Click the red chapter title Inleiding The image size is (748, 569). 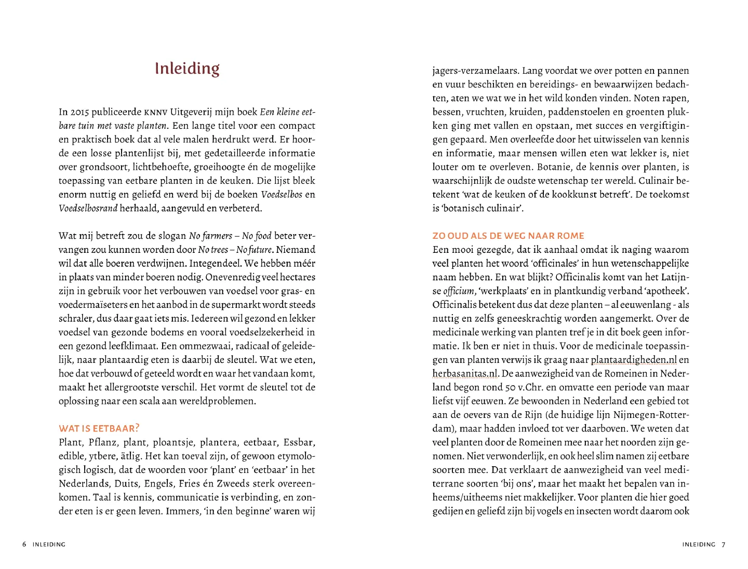click(187, 69)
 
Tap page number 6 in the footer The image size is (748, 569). click(24, 545)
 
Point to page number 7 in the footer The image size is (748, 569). click(724, 545)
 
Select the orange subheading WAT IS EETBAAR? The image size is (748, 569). click(99, 429)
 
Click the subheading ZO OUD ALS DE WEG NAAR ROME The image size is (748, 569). click(508, 236)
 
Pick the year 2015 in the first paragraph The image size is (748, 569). click(81, 112)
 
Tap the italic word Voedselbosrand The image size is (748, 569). click(88, 209)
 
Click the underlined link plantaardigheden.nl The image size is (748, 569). click(634, 360)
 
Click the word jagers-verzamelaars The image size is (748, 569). click(475, 71)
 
